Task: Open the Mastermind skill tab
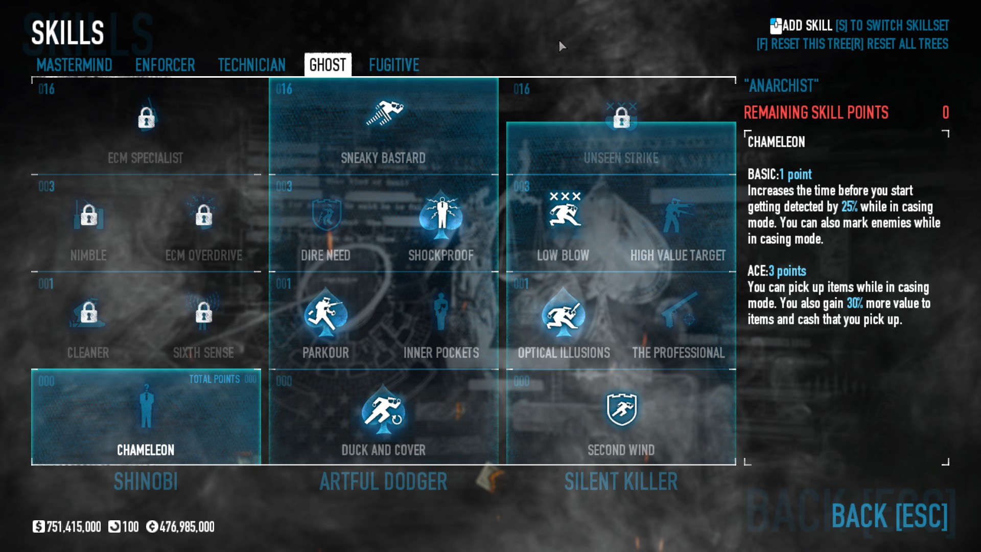coord(74,65)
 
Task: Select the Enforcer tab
coord(165,65)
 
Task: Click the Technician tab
coord(251,65)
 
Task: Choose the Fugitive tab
coord(394,65)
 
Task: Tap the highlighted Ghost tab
coord(328,65)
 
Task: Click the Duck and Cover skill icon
coord(383,411)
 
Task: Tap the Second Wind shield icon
coord(621,409)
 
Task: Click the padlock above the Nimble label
coord(89,215)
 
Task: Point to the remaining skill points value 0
coord(945,112)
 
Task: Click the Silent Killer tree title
coord(621,481)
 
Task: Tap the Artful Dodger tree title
coord(383,481)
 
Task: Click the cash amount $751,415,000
coord(67,526)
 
